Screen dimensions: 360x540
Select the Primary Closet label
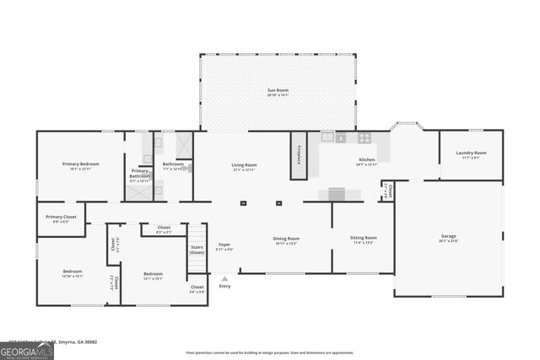61,219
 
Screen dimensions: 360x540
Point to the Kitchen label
366,161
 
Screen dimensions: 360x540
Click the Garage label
448,239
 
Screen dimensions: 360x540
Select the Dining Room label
286,240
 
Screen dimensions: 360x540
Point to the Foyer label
224,246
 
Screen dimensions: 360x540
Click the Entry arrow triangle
224,277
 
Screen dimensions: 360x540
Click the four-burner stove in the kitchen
364,137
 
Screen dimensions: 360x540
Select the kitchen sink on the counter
341,137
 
